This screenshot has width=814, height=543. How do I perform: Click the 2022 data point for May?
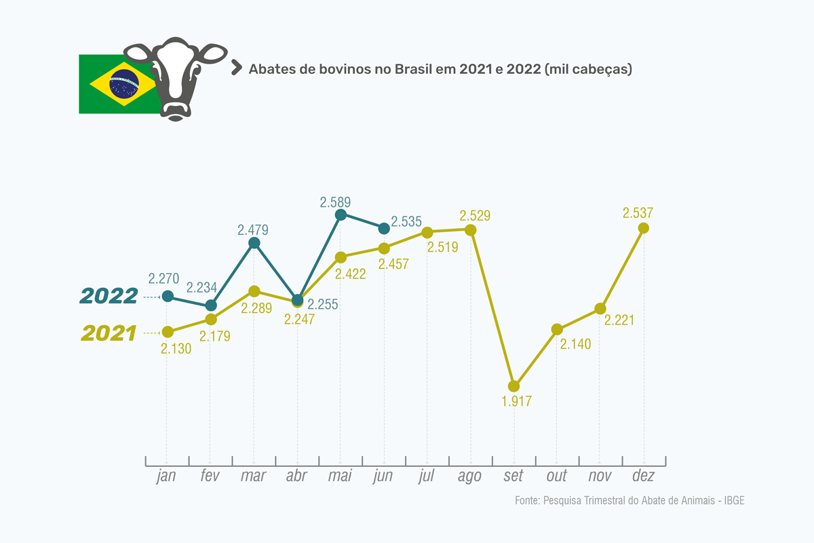[341, 214]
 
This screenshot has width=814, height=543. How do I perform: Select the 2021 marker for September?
[513, 386]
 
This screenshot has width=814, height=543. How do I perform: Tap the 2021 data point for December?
[644, 227]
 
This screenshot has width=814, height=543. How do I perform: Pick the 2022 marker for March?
[254, 243]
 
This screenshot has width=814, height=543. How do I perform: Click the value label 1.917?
[516, 401]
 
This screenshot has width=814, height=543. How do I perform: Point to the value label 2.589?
[334, 202]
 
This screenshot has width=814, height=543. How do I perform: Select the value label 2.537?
[638, 213]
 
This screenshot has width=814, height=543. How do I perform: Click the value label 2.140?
[576, 344]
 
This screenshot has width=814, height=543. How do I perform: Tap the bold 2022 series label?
[109, 296]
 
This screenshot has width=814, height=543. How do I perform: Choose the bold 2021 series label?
[109, 333]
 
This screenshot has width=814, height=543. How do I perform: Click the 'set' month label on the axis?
[513, 476]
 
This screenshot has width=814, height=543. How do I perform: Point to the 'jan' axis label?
[166, 476]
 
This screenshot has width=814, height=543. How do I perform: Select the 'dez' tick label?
[643, 476]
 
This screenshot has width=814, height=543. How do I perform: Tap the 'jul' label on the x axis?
[427, 476]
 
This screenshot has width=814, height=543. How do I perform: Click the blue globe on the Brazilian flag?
[123, 83]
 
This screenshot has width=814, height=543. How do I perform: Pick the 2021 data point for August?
[470, 229]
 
